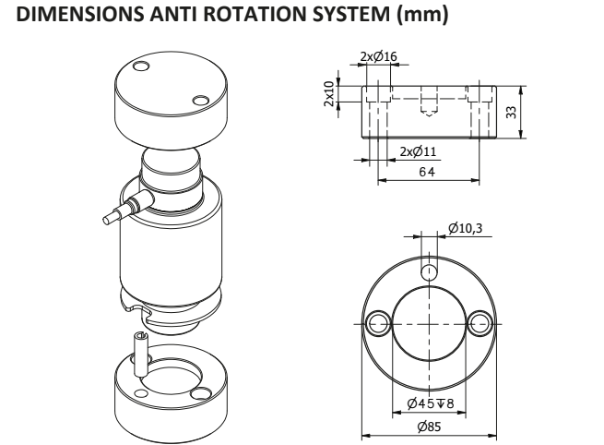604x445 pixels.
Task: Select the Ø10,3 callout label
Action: (x=465, y=227)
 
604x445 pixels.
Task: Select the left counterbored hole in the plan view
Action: (x=376, y=322)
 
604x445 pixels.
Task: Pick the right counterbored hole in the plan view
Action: (x=480, y=322)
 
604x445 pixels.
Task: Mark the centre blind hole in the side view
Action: (x=427, y=101)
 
